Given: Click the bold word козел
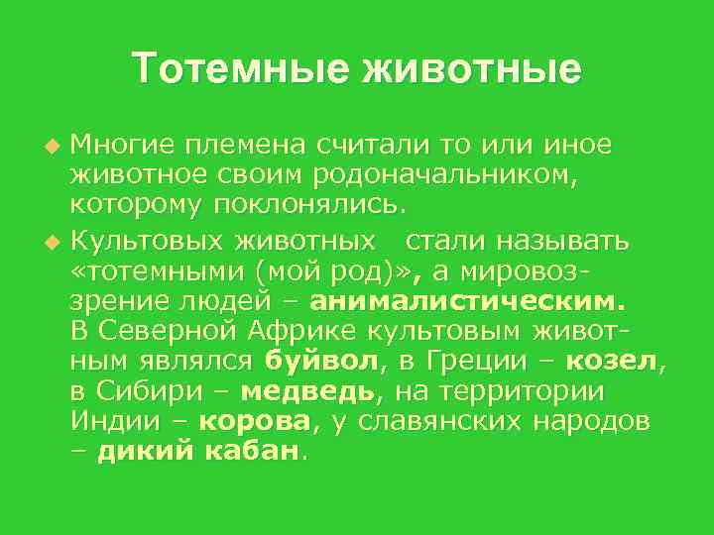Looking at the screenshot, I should click(617, 361).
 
